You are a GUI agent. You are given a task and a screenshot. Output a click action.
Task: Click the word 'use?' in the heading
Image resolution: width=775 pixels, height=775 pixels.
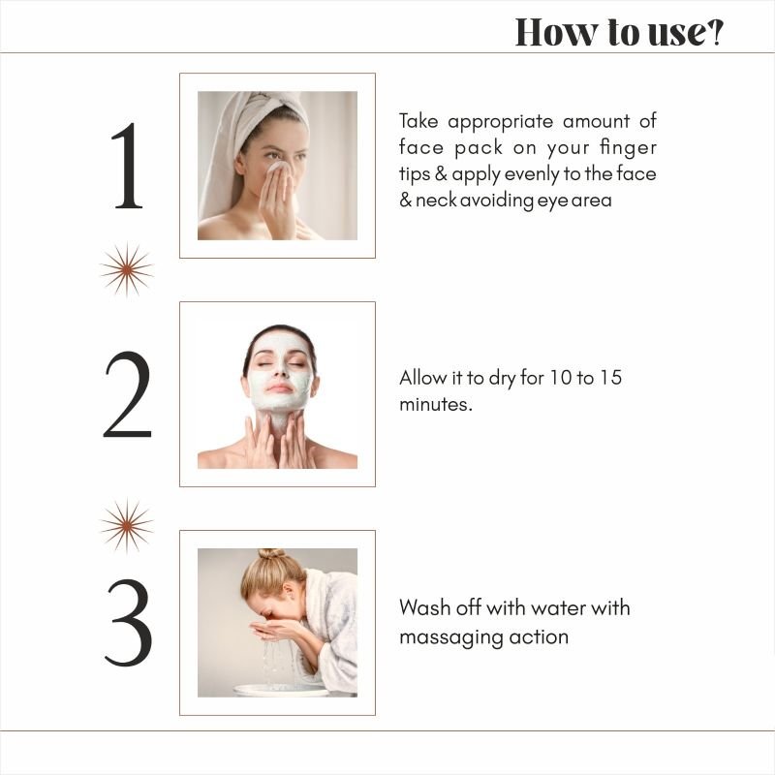(685, 33)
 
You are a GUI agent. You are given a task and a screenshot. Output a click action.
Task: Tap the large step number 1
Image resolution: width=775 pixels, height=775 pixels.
(128, 166)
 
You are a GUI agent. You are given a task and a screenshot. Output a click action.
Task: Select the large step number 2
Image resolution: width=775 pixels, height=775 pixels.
(128, 394)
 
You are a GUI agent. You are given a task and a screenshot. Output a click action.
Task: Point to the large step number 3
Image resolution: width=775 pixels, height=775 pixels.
(129, 623)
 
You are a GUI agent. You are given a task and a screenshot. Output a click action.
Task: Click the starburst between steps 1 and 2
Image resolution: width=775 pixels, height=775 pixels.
(127, 269)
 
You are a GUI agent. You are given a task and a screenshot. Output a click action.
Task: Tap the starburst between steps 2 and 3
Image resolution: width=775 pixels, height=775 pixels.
(127, 525)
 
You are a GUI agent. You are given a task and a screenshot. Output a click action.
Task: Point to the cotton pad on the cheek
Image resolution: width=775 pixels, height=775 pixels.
(278, 167)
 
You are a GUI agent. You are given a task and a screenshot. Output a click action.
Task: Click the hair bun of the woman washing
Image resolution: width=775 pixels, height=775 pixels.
(271, 554)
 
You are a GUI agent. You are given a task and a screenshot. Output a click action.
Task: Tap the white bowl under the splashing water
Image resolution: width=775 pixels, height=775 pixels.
(282, 691)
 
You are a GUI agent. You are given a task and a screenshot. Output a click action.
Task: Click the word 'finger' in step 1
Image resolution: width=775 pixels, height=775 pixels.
(628, 148)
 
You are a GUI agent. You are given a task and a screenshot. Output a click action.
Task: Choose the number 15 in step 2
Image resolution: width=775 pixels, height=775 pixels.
(610, 378)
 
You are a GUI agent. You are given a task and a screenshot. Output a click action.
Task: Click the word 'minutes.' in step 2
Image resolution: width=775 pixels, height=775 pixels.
(436, 404)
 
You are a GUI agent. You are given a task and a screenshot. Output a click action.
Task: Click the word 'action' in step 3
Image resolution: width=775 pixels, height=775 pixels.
(539, 636)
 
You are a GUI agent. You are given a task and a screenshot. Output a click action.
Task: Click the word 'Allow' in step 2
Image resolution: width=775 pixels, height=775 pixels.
(423, 378)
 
